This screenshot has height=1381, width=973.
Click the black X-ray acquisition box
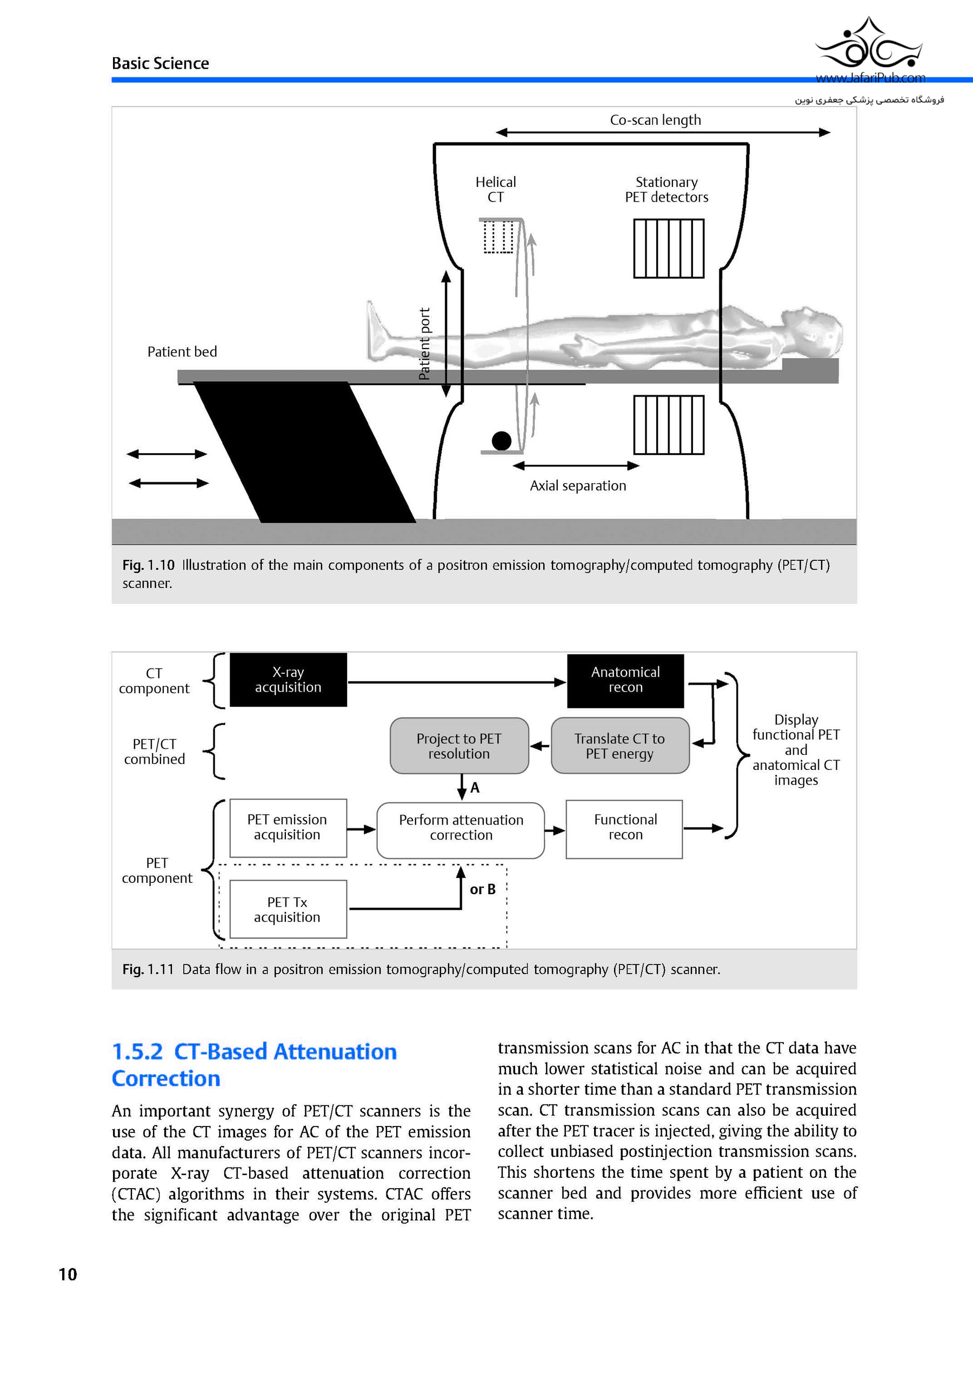tap(288, 680)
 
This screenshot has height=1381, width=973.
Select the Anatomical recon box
tap(625, 680)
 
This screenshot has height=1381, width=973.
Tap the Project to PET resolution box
tap(459, 746)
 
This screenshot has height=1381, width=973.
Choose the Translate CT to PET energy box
tap(620, 746)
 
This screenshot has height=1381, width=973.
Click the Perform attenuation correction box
tap(461, 828)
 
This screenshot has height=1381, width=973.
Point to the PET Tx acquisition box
tap(288, 909)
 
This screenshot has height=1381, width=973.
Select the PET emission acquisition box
tap(288, 828)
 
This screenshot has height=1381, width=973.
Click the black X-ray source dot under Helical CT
tap(501, 441)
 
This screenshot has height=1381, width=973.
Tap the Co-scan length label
tap(655, 120)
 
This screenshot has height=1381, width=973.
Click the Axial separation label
tap(578, 486)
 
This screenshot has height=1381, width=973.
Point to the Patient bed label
tap(182, 352)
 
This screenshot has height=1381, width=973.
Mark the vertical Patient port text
tap(425, 344)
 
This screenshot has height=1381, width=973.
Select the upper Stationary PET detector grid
tap(669, 249)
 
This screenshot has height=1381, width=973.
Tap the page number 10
tap(68, 1274)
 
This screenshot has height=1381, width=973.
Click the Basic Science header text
tap(160, 64)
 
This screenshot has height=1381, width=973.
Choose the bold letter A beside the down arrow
tap(475, 788)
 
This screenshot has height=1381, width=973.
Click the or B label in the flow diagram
tap(483, 889)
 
